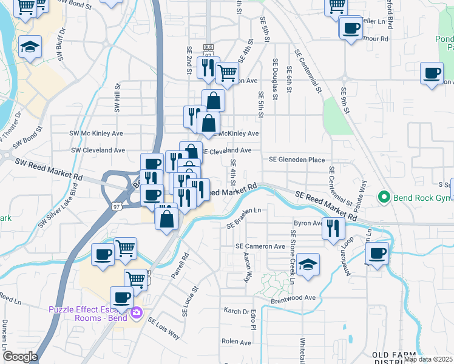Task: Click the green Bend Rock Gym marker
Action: point(383,197)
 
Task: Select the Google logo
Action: point(19,357)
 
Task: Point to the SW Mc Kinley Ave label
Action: point(97,133)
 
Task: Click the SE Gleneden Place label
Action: point(297,160)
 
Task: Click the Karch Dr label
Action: point(237,312)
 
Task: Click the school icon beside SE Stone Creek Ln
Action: point(308,264)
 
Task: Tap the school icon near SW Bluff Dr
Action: point(29,47)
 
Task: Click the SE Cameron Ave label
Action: point(260,247)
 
